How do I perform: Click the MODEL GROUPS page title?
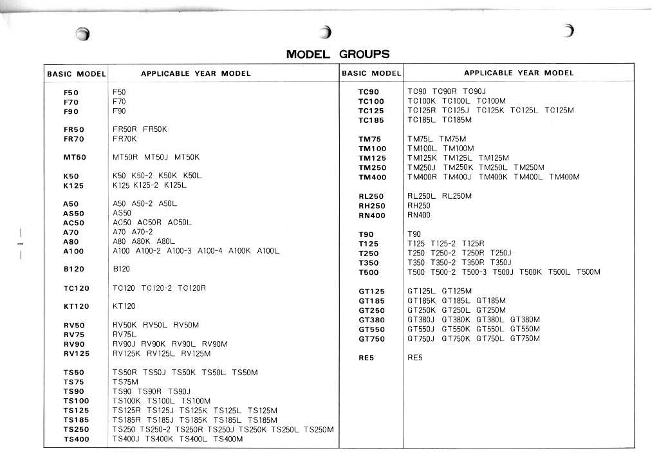pyautogui.click(x=338, y=54)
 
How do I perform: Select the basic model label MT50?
pyautogui.click(x=75, y=157)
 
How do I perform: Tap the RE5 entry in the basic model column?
pyautogui.click(x=366, y=358)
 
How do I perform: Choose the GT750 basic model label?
pyautogui.click(x=371, y=339)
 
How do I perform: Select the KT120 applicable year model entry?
pyautogui.click(x=124, y=306)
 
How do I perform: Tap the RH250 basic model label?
pyautogui.click(x=371, y=206)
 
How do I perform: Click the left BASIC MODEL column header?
pyautogui.click(x=76, y=74)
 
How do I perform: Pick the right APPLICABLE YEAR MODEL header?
pyautogui.click(x=519, y=73)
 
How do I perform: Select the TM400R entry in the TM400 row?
pyautogui.click(x=422, y=177)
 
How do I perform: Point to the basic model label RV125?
pyautogui.click(x=76, y=353)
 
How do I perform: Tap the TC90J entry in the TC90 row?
pyautogui.click(x=474, y=91)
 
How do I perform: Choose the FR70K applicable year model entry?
pyautogui.click(x=125, y=138)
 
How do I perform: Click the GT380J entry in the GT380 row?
pyautogui.click(x=422, y=319)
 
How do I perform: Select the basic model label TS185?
pyautogui.click(x=76, y=420)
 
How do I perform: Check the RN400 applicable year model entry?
pyautogui.click(x=419, y=215)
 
